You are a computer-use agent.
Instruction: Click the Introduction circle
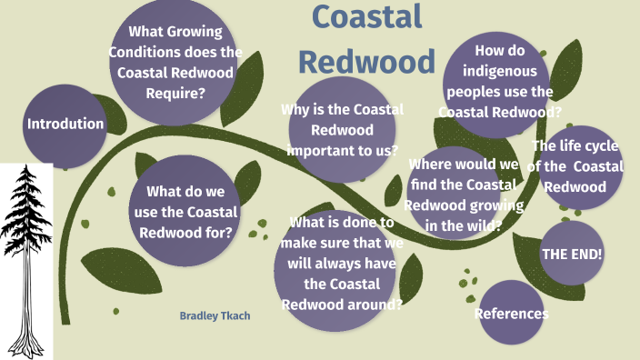click(x=65, y=125)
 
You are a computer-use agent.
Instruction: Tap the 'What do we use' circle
click(x=185, y=212)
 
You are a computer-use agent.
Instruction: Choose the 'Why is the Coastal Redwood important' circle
click(x=342, y=129)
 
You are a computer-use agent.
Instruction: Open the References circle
click(x=512, y=314)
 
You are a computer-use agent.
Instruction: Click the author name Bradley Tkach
click(x=215, y=315)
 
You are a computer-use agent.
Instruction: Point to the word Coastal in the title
click(x=366, y=17)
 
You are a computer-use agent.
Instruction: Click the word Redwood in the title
click(x=367, y=61)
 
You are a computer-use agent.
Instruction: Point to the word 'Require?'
click(x=175, y=93)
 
